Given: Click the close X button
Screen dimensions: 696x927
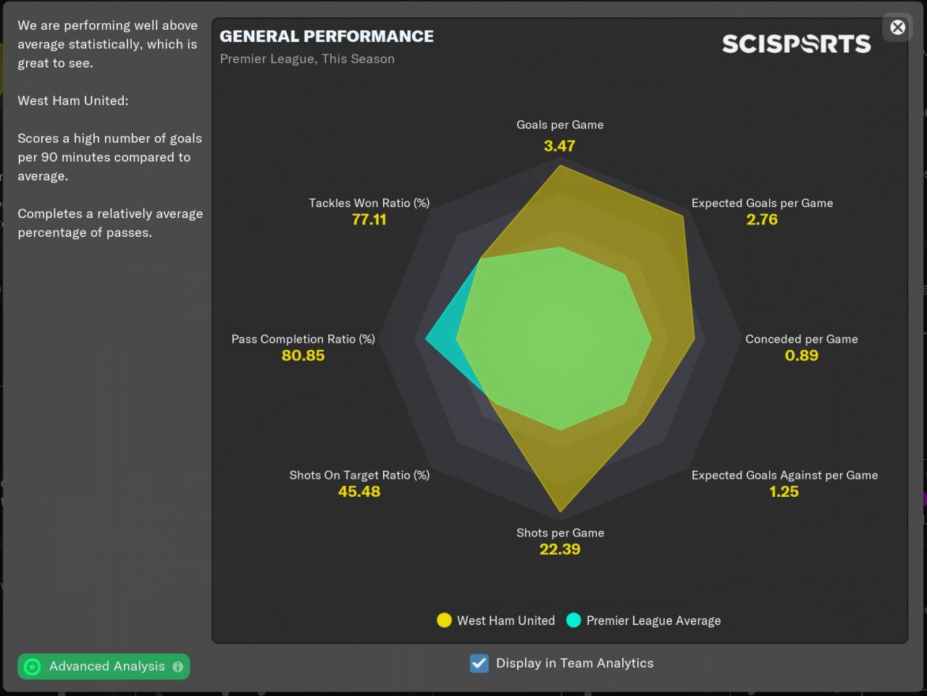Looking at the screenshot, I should [897, 28].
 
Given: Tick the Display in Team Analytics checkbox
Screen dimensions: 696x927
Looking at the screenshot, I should [479, 663].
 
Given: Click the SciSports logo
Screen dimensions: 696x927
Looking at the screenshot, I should [796, 44].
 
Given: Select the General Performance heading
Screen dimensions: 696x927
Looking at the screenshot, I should [327, 36].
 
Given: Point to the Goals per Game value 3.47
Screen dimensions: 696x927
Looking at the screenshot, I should [559, 146].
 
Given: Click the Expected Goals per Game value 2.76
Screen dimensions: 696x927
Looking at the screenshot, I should [762, 219].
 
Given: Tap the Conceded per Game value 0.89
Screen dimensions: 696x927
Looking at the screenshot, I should [801, 356].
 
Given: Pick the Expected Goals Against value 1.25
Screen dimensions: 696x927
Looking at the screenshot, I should [784, 492].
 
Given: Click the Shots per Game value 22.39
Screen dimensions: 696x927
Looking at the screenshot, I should [560, 549].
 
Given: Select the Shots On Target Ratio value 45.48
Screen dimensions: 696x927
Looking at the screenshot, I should [359, 492].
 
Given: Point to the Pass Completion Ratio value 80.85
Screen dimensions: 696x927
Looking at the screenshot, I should [303, 356].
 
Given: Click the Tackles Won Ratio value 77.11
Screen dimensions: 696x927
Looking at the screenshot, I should [369, 219].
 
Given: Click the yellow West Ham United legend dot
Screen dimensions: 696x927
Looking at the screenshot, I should [444, 621].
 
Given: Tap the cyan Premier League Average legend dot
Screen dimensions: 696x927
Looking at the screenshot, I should [574, 621].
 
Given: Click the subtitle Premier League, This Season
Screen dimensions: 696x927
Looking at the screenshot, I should [307, 59].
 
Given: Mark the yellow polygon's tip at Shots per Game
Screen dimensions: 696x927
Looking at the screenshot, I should [561, 510].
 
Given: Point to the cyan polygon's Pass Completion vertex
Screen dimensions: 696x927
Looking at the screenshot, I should [427, 338].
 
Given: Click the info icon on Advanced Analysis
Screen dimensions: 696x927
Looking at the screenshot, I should [178, 666].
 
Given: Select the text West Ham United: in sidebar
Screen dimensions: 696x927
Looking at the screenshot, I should [73, 101].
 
